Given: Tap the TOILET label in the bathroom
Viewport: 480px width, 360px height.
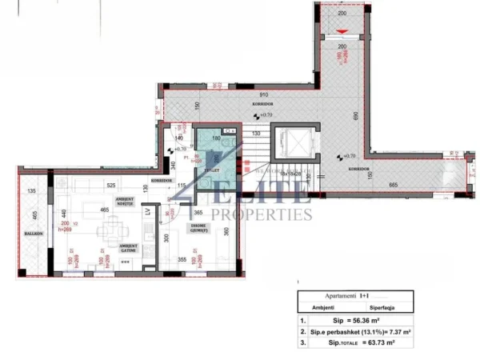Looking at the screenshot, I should [212, 170].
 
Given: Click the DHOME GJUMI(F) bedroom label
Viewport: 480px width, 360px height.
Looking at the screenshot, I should [200, 229].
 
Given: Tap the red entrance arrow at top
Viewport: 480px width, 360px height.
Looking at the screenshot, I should [342, 32].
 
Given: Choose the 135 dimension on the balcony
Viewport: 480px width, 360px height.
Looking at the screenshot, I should [32, 191].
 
